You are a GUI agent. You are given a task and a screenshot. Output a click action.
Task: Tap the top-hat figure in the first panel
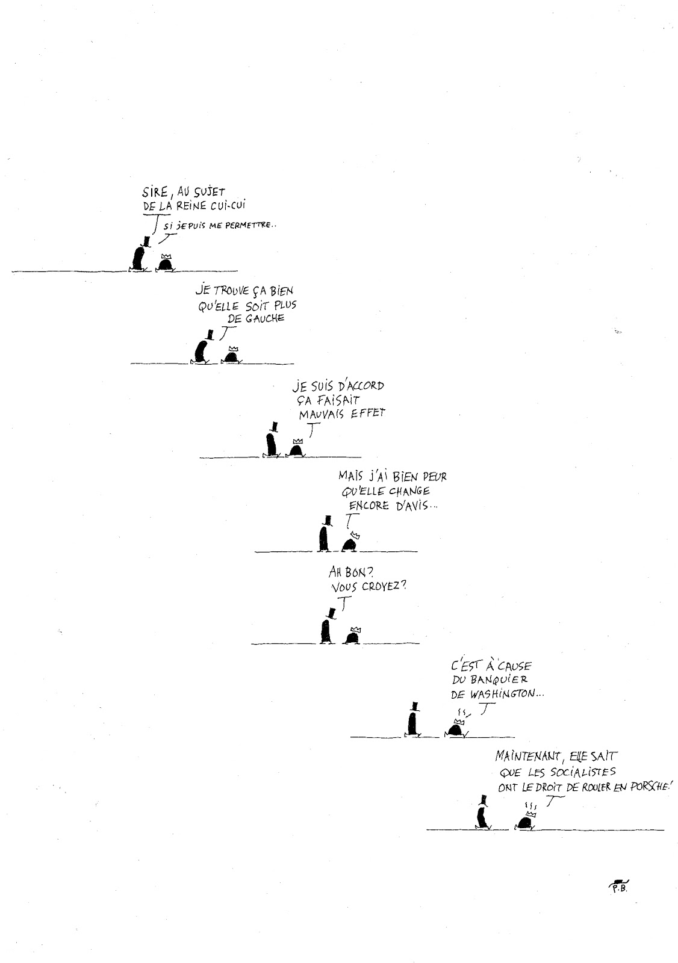point(139,255)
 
